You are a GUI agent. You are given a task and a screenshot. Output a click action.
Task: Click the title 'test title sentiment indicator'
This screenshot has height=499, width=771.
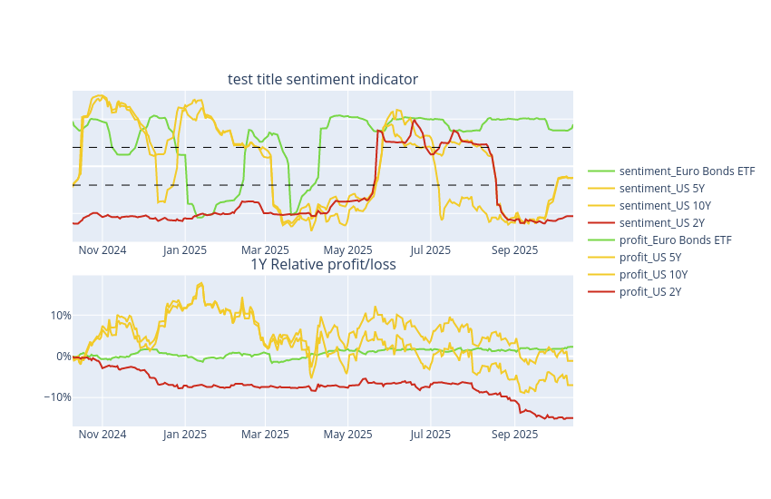pyautogui.click(x=323, y=80)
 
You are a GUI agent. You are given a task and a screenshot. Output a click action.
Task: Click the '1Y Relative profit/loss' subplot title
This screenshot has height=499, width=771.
pyautogui.click(x=323, y=265)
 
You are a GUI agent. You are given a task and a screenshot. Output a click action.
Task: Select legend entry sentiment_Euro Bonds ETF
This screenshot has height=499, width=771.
pyautogui.click(x=687, y=171)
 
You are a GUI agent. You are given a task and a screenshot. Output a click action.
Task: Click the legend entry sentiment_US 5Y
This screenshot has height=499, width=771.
pyautogui.click(x=661, y=188)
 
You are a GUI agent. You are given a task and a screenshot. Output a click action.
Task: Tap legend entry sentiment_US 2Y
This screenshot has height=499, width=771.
pyautogui.click(x=661, y=222)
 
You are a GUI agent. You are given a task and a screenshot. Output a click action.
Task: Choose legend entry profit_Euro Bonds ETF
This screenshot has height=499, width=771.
pyautogui.click(x=675, y=240)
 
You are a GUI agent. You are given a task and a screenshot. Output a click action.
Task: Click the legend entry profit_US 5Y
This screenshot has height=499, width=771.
pyautogui.click(x=649, y=257)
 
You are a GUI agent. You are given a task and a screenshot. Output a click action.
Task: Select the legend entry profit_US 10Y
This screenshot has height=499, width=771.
pyautogui.click(x=653, y=274)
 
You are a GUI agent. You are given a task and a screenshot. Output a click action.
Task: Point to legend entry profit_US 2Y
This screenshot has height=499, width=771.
pyautogui.click(x=649, y=291)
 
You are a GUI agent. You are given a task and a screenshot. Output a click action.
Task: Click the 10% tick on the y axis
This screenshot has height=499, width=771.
pyautogui.click(x=60, y=316)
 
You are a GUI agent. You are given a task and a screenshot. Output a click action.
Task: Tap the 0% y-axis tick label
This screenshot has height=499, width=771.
pyautogui.click(x=63, y=357)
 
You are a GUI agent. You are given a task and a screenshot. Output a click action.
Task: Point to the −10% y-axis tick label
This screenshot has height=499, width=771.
pyautogui.click(x=58, y=397)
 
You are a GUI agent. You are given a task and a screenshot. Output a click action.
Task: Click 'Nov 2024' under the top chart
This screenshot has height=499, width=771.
pyautogui.click(x=102, y=250)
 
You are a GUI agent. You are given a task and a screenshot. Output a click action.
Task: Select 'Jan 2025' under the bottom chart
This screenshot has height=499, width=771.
pyautogui.click(x=185, y=435)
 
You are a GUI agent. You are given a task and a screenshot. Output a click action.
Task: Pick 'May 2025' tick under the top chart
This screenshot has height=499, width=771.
pyautogui.click(x=348, y=250)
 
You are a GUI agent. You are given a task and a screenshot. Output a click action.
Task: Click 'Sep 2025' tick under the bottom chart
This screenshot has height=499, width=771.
pyautogui.click(x=514, y=435)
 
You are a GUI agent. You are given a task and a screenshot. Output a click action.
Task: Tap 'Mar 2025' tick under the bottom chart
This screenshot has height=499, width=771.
pyautogui.click(x=265, y=435)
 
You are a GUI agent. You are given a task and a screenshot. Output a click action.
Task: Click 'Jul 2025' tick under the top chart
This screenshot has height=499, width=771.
pyautogui.click(x=431, y=250)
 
